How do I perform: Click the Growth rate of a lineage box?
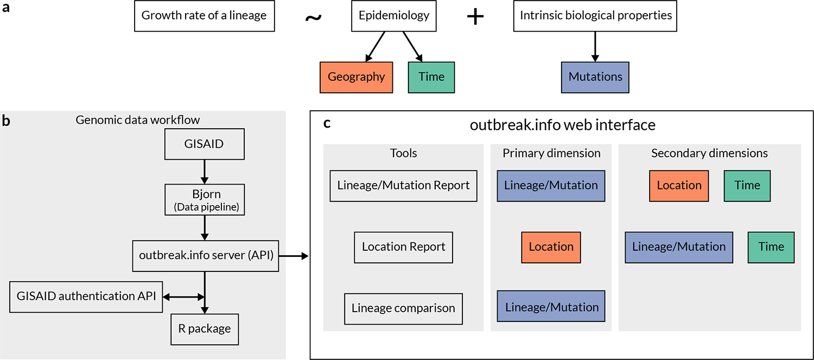[x=203, y=15]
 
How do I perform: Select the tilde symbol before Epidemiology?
[x=313, y=17]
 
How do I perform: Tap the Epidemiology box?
[x=393, y=15]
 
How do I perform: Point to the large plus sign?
[x=475, y=16]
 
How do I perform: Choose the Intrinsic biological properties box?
[x=595, y=15]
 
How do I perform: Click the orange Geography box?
[x=356, y=77]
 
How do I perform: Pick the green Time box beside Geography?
[x=431, y=77]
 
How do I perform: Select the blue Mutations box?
[x=595, y=77]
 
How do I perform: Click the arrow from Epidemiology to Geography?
[x=376, y=46]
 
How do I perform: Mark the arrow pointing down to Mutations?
[x=595, y=46]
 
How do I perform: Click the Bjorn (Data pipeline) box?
[x=204, y=199]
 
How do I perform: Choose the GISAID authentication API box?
[x=86, y=296]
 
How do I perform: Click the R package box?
[x=204, y=329]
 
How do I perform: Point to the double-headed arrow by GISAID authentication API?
[x=183, y=296]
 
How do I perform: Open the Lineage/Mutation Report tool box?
[x=403, y=186]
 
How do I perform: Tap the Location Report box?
[x=403, y=247]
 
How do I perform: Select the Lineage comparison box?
[x=403, y=308]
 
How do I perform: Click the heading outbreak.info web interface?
[x=562, y=125]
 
